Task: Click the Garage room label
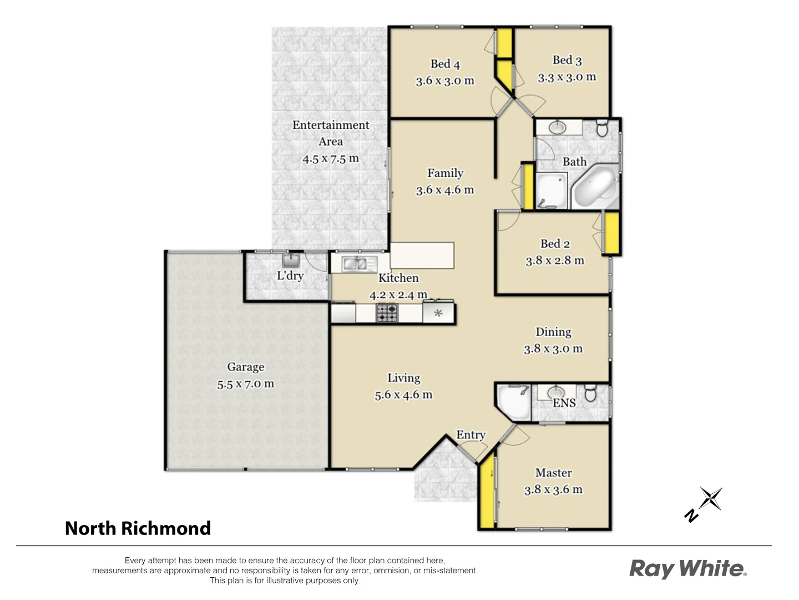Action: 245,367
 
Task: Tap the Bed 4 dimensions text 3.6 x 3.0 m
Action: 445,81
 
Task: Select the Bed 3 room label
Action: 567,60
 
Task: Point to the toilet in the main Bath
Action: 602,129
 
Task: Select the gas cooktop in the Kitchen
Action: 387,313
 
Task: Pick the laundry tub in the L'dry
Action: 291,261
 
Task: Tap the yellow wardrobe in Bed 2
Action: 611,233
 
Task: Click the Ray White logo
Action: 687,569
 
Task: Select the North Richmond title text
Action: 138,528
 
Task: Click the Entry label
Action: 471,435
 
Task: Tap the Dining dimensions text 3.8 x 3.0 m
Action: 553,349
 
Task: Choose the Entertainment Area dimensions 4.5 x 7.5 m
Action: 331,159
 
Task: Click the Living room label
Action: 403,378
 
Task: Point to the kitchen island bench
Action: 422,255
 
